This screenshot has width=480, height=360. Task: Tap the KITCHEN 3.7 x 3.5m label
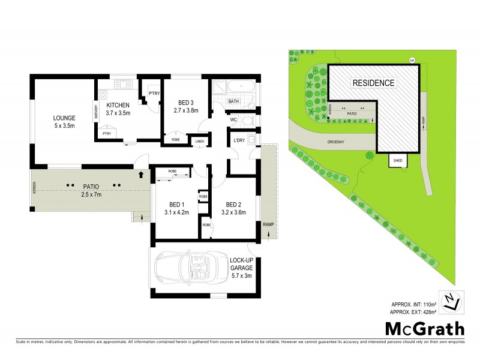point(118,109)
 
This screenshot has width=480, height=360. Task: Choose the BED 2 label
point(229,207)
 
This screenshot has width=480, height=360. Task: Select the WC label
point(234,119)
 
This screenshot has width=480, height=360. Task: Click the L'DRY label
point(239,142)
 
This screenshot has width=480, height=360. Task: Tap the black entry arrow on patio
point(141,175)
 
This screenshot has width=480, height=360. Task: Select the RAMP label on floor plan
point(268,224)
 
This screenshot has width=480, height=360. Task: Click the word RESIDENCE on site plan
point(373,83)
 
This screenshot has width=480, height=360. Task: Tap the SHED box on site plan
point(398,161)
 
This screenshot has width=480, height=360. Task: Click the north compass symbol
point(452,301)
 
